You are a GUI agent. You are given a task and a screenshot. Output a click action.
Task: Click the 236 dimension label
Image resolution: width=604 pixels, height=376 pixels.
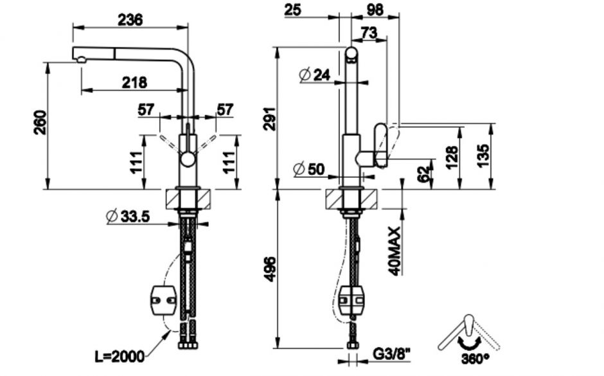(130, 20)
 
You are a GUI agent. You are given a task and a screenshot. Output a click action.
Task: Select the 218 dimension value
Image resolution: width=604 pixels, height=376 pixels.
(134, 82)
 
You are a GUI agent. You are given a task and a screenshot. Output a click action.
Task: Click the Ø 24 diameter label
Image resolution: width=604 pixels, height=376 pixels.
(315, 75)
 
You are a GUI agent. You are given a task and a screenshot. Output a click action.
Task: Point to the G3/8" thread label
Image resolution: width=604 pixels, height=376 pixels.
(391, 354)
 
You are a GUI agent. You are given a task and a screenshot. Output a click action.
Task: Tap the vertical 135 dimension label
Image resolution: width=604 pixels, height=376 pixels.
(483, 156)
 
